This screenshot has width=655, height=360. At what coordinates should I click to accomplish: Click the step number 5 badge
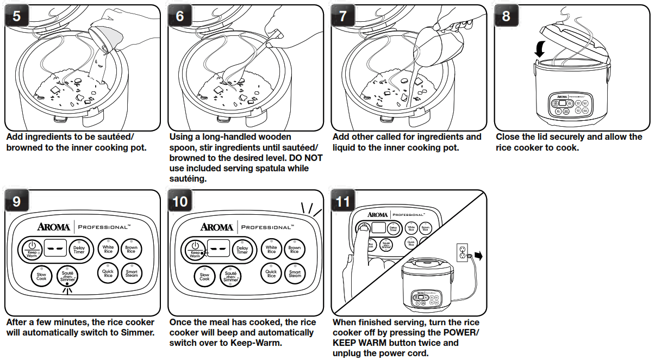[x=17, y=16]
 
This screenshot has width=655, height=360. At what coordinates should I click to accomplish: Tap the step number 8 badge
[x=506, y=16]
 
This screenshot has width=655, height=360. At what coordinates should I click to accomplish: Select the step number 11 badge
[x=344, y=202]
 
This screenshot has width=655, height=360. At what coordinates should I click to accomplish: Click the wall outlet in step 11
[x=462, y=252]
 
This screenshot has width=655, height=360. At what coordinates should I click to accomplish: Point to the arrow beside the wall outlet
[x=478, y=255]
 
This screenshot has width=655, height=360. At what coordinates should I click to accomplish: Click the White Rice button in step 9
[x=108, y=250]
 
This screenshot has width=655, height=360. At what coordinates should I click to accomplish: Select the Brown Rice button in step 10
[x=294, y=250]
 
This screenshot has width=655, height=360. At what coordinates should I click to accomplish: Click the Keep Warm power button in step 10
[x=195, y=250]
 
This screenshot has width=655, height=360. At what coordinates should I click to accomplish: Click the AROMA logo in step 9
[x=53, y=227]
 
